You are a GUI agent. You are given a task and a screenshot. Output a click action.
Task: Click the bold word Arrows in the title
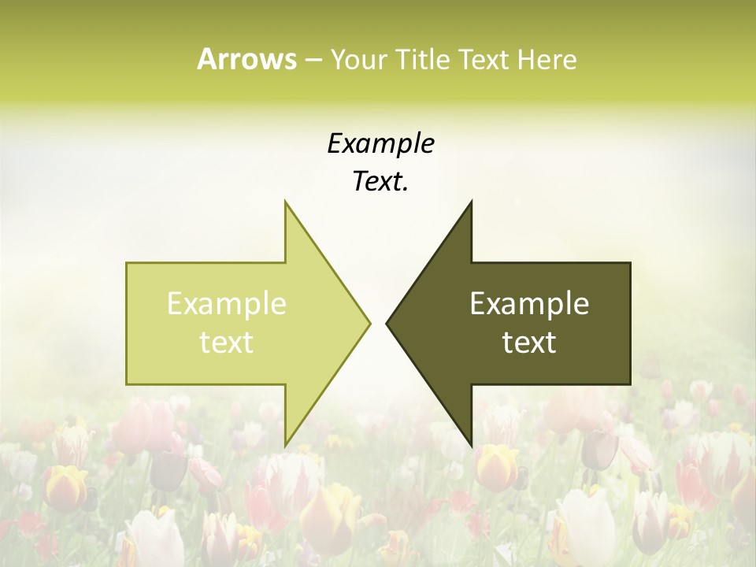(246, 59)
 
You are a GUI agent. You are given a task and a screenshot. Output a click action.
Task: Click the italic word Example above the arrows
(380, 143)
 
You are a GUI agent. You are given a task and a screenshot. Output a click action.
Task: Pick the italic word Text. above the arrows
(380, 181)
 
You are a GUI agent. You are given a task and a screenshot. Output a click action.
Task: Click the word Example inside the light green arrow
(227, 304)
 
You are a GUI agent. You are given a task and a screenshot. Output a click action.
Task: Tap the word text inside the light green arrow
(227, 342)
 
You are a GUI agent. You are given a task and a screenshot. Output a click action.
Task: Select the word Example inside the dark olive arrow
(529, 304)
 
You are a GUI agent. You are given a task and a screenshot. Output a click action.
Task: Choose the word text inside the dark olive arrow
(529, 342)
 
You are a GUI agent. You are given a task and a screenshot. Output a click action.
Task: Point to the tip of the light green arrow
(369, 323)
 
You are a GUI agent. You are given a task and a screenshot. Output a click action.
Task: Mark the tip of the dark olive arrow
(387, 323)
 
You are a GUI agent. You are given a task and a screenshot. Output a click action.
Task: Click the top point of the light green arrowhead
(285, 202)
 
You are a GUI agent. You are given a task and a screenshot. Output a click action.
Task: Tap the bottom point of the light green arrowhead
(285, 446)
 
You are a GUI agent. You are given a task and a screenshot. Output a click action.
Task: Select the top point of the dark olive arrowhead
(471, 202)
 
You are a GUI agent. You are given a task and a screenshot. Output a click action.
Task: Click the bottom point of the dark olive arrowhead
(471, 446)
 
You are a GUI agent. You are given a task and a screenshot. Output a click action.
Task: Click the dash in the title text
(313, 60)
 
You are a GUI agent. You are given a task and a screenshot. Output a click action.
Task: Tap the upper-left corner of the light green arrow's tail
(127, 263)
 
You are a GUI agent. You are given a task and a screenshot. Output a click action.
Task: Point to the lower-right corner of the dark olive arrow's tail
(630, 384)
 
